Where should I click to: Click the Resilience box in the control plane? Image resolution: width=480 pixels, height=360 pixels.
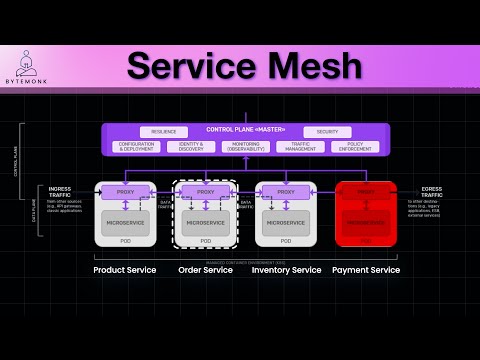point(164,132)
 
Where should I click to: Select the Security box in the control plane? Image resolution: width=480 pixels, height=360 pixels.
point(327,132)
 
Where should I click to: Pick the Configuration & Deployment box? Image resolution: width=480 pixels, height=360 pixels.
point(136,146)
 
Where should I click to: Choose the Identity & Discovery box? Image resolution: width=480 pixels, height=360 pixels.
point(191,146)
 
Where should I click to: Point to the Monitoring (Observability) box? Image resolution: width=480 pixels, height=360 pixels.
point(245,146)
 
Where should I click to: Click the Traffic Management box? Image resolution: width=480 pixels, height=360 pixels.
point(300,146)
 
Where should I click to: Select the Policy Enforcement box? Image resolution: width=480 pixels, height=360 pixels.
point(355,146)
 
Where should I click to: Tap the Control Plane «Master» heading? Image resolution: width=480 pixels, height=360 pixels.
point(245,130)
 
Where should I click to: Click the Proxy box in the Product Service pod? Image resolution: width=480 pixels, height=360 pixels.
point(125,191)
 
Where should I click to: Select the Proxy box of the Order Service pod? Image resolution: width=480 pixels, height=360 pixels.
point(205,191)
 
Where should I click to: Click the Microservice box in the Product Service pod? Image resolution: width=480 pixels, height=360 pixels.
point(125,222)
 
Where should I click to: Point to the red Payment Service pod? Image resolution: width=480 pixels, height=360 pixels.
point(366,213)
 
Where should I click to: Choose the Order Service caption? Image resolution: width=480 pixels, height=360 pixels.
point(205,270)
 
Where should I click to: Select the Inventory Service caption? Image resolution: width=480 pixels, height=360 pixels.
point(286,270)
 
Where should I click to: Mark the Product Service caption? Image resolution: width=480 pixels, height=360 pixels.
point(125,270)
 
